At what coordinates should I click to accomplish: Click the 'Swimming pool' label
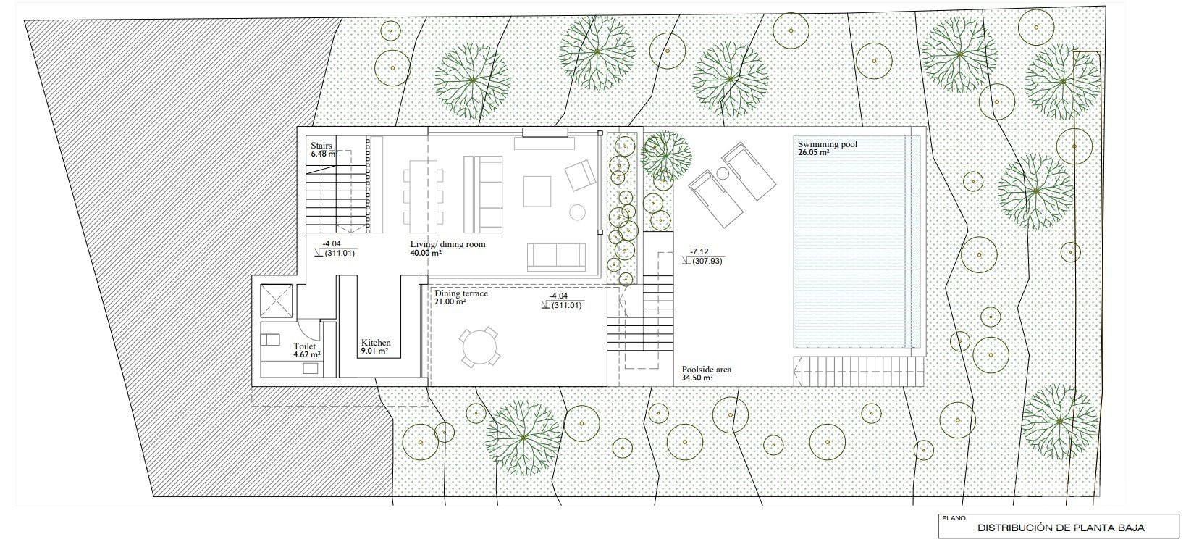click(x=827, y=144)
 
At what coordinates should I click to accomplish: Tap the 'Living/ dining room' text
click(x=447, y=244)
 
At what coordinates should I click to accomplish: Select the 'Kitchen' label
click(x=375, y=343)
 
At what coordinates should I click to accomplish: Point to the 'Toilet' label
click(x=304, y=346)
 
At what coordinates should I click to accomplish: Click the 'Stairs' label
click(x=321, y=145)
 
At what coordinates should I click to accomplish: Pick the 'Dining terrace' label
click(x=460, y=293)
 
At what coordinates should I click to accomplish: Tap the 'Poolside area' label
click(x=706, y=370)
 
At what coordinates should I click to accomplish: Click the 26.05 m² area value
click(x=813, y=152)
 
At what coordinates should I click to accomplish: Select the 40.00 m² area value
click(x=426, y=253)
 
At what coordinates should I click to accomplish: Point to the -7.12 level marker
click(x=699, y=252)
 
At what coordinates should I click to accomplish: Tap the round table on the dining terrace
click(x=479, y=348)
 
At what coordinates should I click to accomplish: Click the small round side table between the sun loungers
click(x=722, y=172)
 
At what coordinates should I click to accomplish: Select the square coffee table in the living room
click(x=537, y=191)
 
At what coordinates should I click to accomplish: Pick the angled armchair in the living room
click(x=580, y=175)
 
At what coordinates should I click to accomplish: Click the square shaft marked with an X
click(x=276, y=301)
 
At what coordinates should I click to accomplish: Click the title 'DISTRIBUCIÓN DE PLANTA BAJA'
click(x=1061, y=528)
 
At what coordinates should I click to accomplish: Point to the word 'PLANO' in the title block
click(x=954, y=518)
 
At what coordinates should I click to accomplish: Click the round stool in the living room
click(x=577, y=212)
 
